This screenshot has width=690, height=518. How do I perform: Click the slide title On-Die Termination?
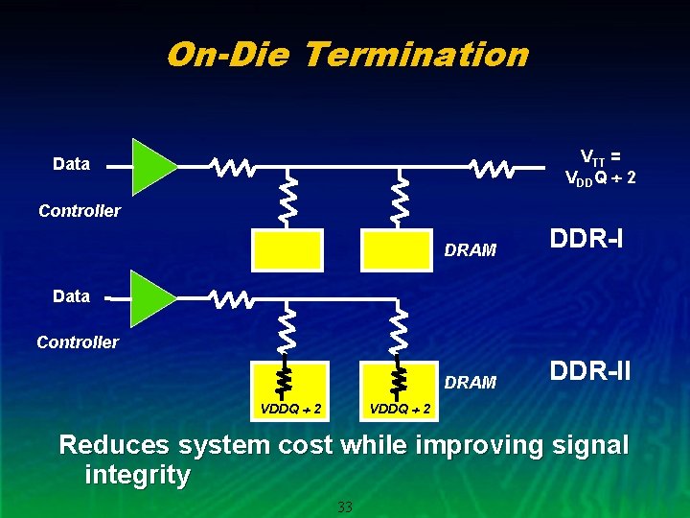coord(346,54)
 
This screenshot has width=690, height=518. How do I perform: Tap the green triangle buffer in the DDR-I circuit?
coord(150,166)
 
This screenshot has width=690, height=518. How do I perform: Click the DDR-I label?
coord(586,237)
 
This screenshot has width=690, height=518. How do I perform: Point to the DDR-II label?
coord(589,369)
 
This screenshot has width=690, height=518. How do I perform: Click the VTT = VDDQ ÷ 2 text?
coord(601,167)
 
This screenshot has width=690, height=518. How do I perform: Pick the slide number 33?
coord(345,506)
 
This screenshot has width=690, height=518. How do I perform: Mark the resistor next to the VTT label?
coord(492,169)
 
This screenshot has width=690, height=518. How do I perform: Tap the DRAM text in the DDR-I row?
coord(471,251)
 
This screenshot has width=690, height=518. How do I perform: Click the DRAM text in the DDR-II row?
coord(471,383)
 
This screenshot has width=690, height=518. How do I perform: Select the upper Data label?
coord(72,164)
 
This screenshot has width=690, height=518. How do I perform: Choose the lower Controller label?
coord(78,342)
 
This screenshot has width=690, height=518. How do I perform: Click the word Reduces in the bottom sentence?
coord(114,445)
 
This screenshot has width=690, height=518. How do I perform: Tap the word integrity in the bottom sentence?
coord(137,475)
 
